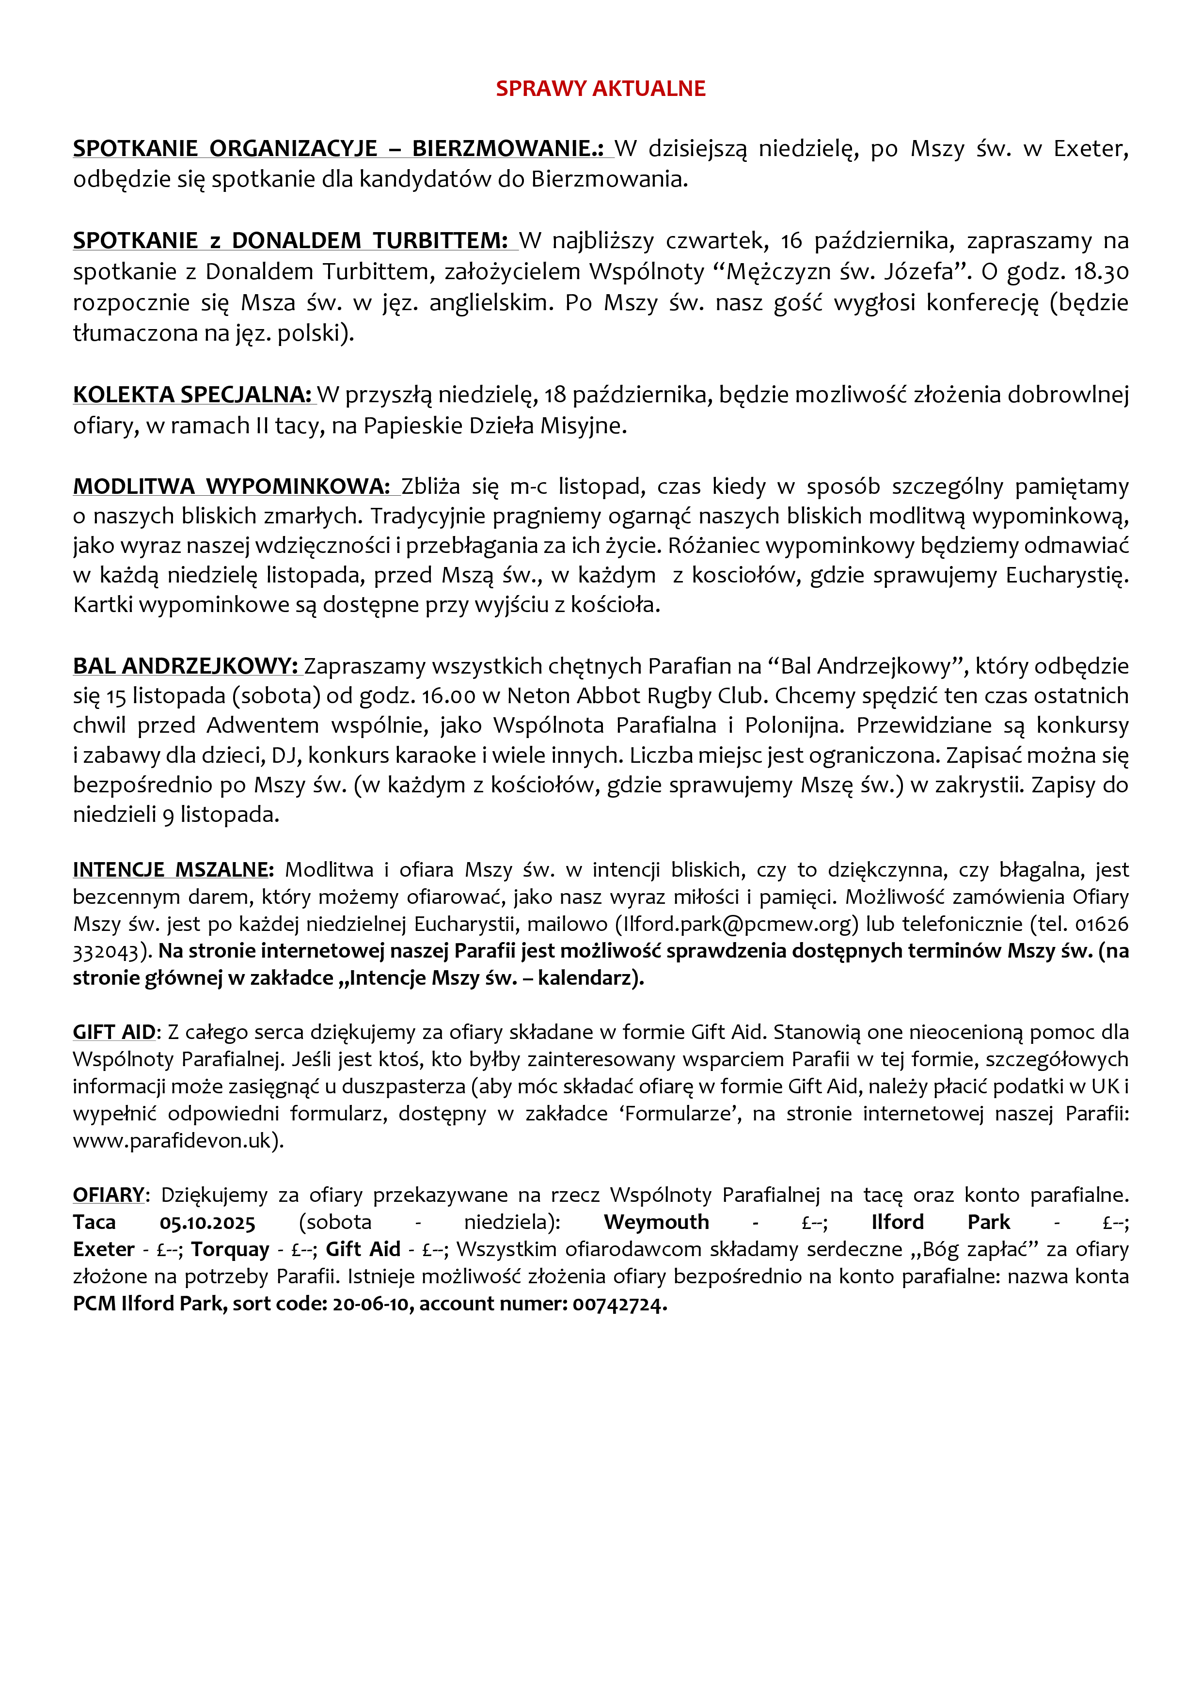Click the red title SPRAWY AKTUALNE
tap(600, 89)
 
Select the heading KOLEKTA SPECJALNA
tap(192, 394)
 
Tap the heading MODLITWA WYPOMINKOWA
tap(231, 487)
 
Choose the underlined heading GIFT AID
tap(114, 1032)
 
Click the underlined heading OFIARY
tap(108, 1195)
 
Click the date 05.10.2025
tap(207, 1223)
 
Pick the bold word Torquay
tap(230, 1250)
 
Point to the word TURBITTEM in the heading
tap(440, 241)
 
